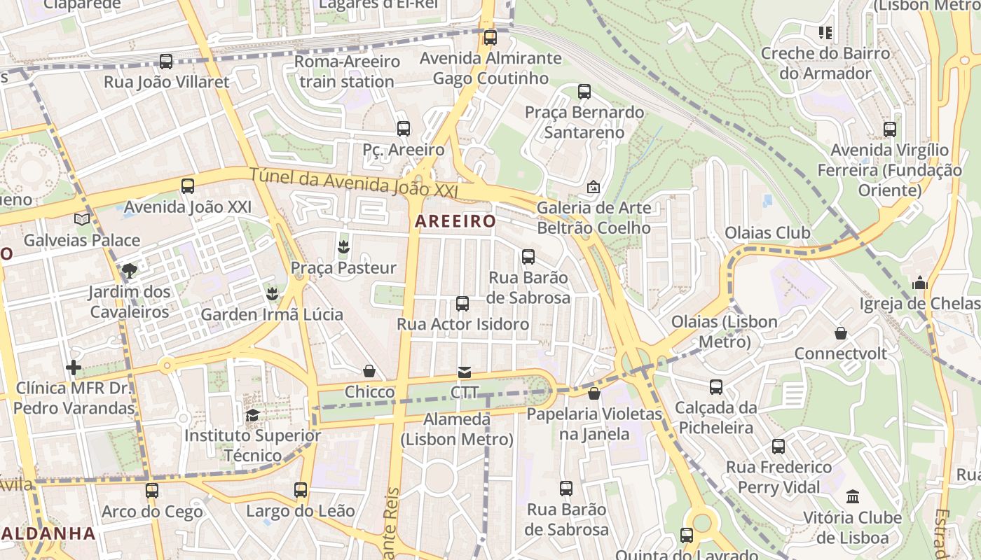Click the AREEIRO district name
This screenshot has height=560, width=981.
click(x=455, y=221)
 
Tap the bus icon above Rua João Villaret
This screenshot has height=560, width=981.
click(x=166, y=62)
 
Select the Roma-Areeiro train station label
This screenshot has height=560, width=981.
click(x=347, y=71)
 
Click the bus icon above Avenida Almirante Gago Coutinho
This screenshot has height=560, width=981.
click(x=490, y=38)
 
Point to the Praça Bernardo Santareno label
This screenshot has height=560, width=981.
click(x=584, y=122)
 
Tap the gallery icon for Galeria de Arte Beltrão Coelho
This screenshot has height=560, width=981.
click(x=594, y=187)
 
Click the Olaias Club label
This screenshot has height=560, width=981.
click(x=767, y=232)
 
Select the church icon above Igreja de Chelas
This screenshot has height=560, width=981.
click(x=920, y=283)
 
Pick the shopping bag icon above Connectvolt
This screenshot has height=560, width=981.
click(x=840, y=333)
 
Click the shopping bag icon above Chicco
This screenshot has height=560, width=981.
click(x=369, y=371)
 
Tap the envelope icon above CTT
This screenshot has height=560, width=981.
click(x=465, y=372)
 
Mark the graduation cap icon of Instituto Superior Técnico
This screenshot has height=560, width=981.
click(x=252, y=415)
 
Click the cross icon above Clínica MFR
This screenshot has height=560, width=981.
click(x=74, y=367)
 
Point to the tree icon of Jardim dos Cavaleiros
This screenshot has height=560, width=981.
click(x=130, y=270)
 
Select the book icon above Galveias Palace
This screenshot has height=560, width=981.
click(x=82, y=220)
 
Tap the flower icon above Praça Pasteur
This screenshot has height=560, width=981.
click(x=343, y=246)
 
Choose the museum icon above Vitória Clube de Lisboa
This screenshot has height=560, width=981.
click(x=853, y=497)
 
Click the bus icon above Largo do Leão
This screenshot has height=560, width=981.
click(x=301, y=490)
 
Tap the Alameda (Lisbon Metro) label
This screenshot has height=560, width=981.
click(x=458, y=429)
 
